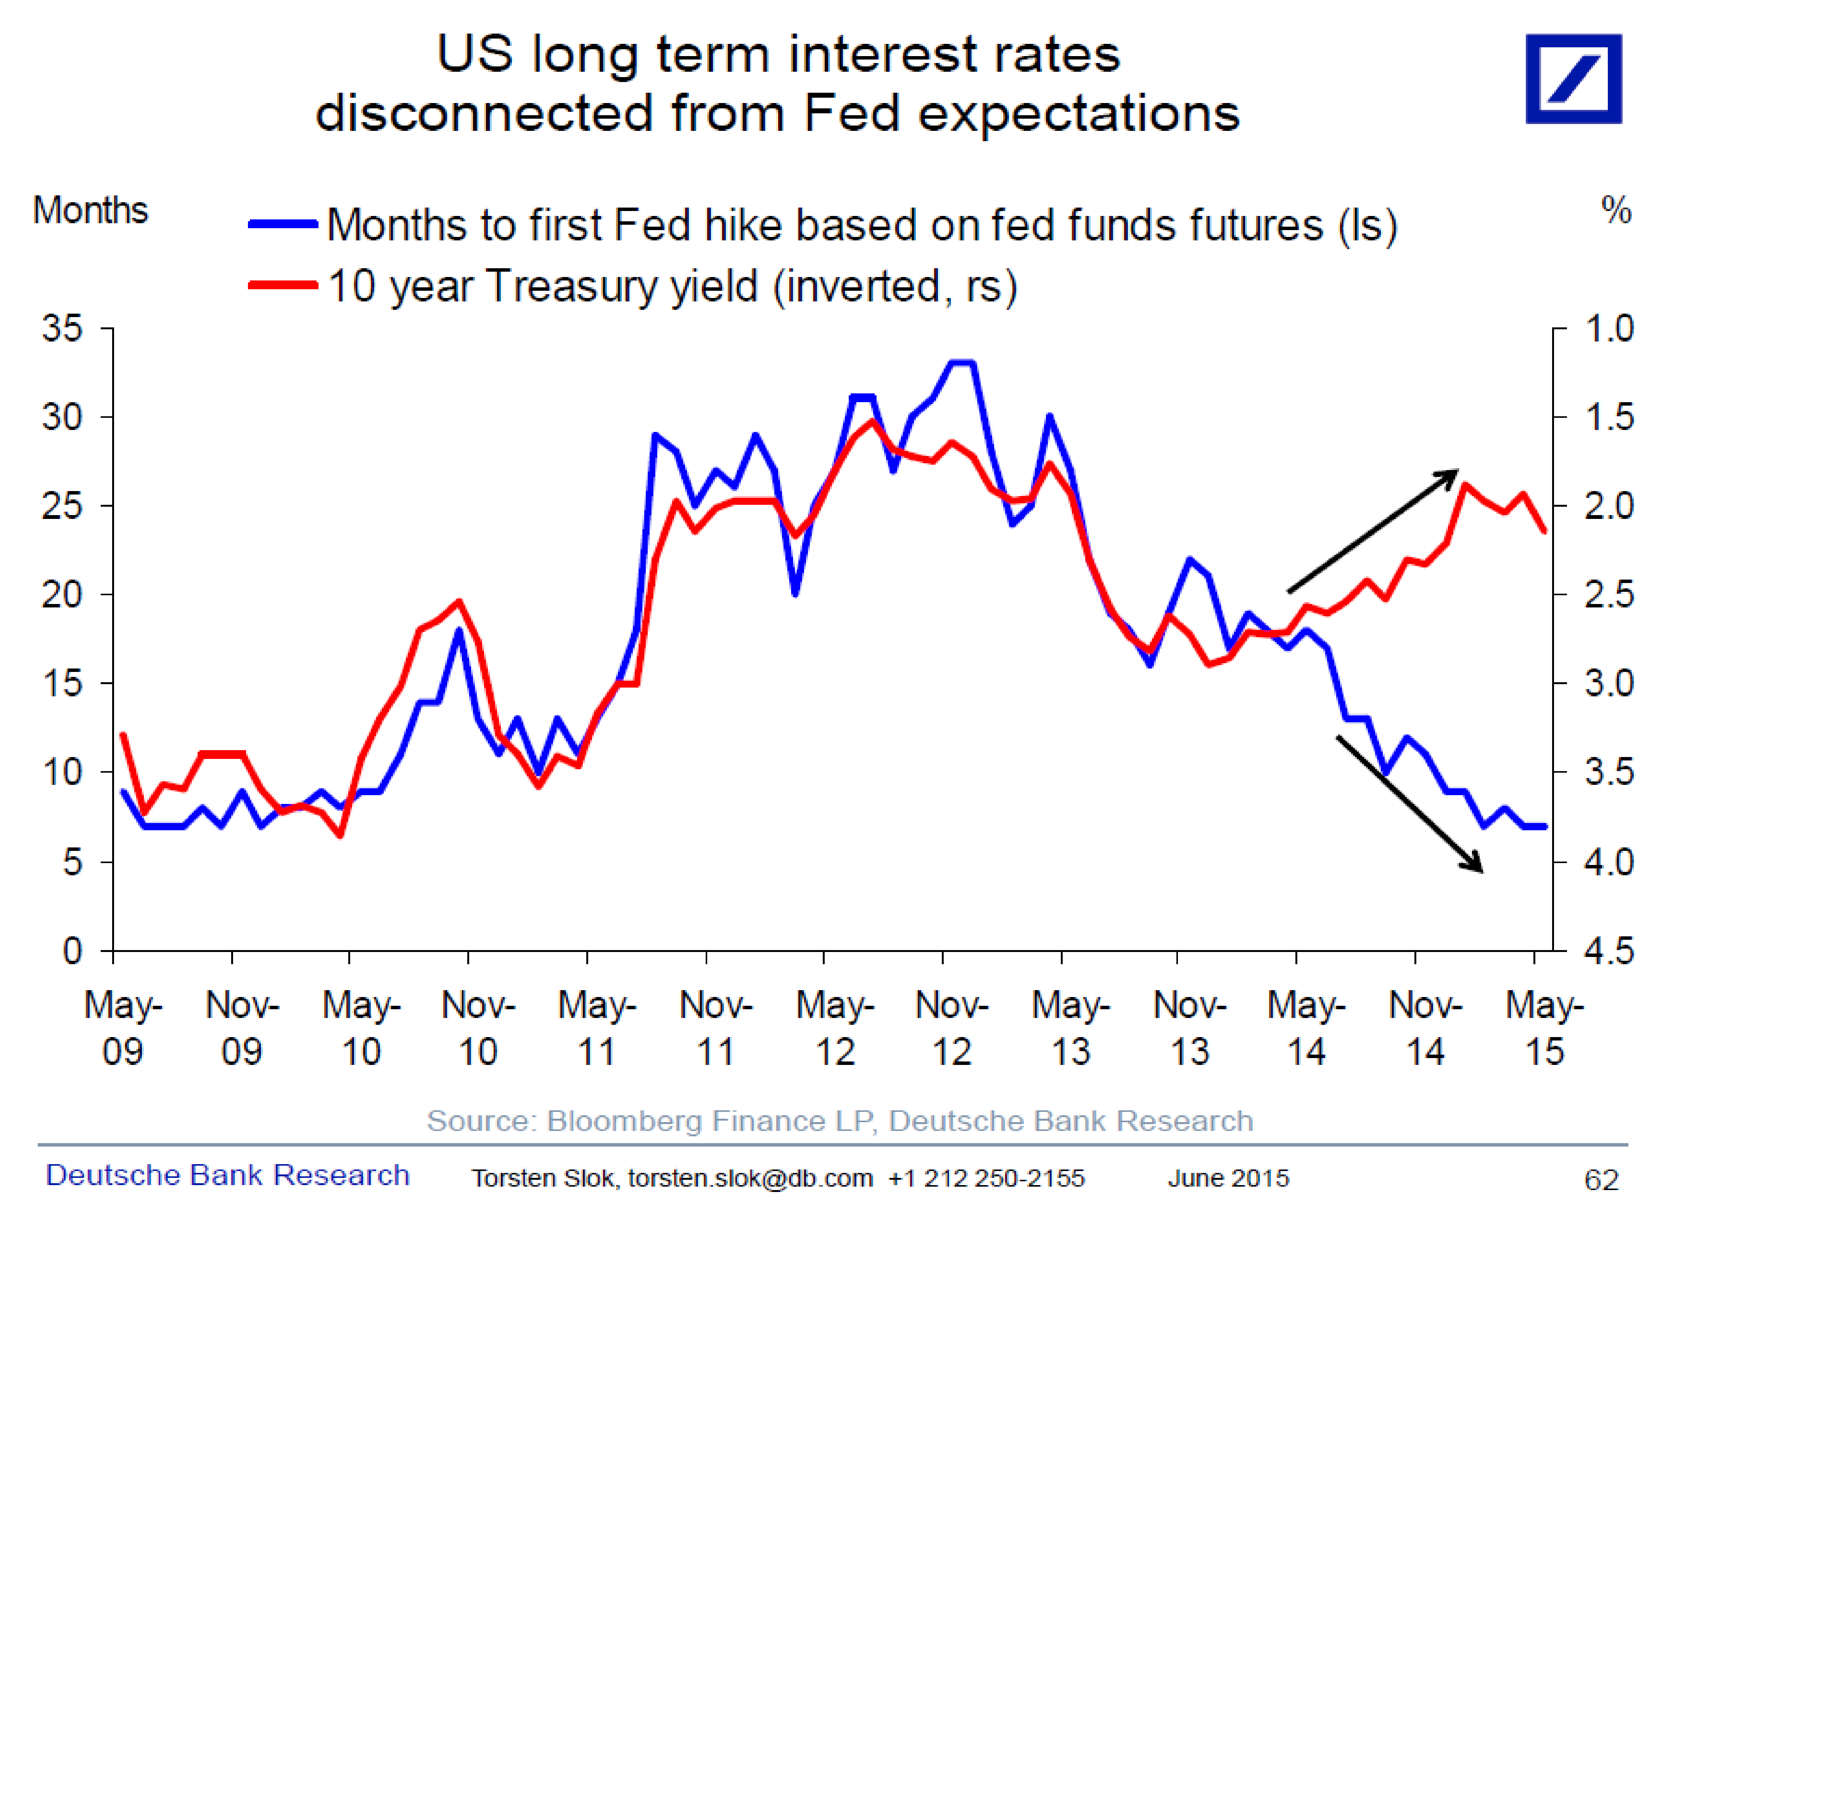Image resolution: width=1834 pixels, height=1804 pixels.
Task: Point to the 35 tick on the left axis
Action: pos(63,329)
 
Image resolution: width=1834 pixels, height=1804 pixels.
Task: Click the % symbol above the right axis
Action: pos(1615,209)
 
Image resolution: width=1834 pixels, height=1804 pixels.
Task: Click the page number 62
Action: pos(1601,1180)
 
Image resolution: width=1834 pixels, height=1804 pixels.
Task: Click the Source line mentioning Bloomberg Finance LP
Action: pos(839,1121)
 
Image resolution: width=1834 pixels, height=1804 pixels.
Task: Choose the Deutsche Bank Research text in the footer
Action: pos(227,1175)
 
